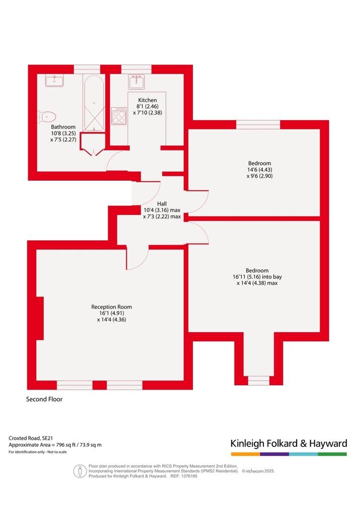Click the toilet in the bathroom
pos(47,117)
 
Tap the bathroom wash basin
pos(54,81)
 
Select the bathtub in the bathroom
pos(94,103)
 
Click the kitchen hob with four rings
pos(119,116)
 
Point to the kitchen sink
pos(136,82)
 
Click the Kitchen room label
pos(148,100)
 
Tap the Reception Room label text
pos(111,307)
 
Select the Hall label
pos(162,204)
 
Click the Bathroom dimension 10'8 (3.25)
pos(63,133)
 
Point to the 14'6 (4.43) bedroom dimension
pos(259,170)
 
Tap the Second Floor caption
pos(44,399)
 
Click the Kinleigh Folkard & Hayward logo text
pos(289,443)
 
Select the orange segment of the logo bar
pos(246,454)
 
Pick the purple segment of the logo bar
pos(274,454)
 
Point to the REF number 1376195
pos(188,476)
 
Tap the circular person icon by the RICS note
pos(80,471)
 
